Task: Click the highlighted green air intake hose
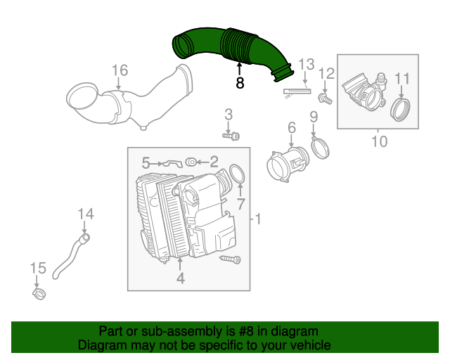pos(232,47)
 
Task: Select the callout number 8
pos(240,83)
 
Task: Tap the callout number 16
pos(120,70)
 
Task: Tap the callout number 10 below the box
pos(378,142)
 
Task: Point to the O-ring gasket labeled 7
pos(237,174)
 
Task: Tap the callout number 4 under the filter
pos(180,279)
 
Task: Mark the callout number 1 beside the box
pos(257,220)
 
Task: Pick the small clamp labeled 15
pos(40,292)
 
